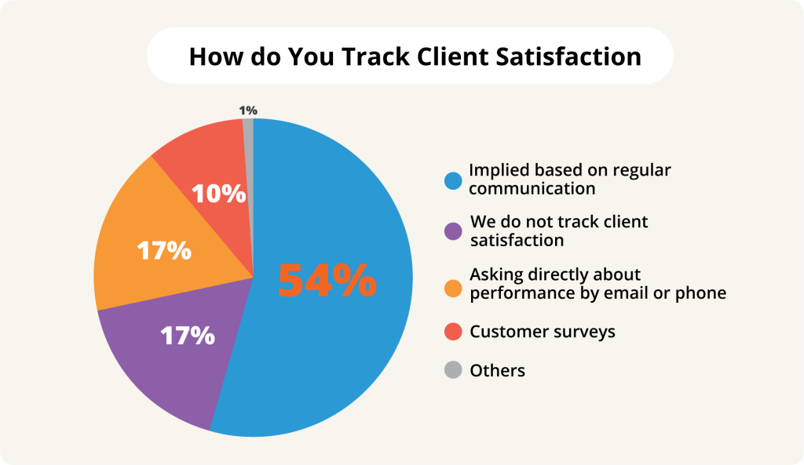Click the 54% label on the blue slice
tap(327, 280)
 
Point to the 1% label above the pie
tap(248, 111)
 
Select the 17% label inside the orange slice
tap(164, 250)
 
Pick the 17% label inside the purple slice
tap(188, 336)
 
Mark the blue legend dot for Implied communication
tap(452, 180)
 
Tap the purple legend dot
tap(452, 231)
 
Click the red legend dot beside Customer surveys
tap(452, 332)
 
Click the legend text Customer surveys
tap(543, 332)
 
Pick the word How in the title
tap(213, 56)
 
